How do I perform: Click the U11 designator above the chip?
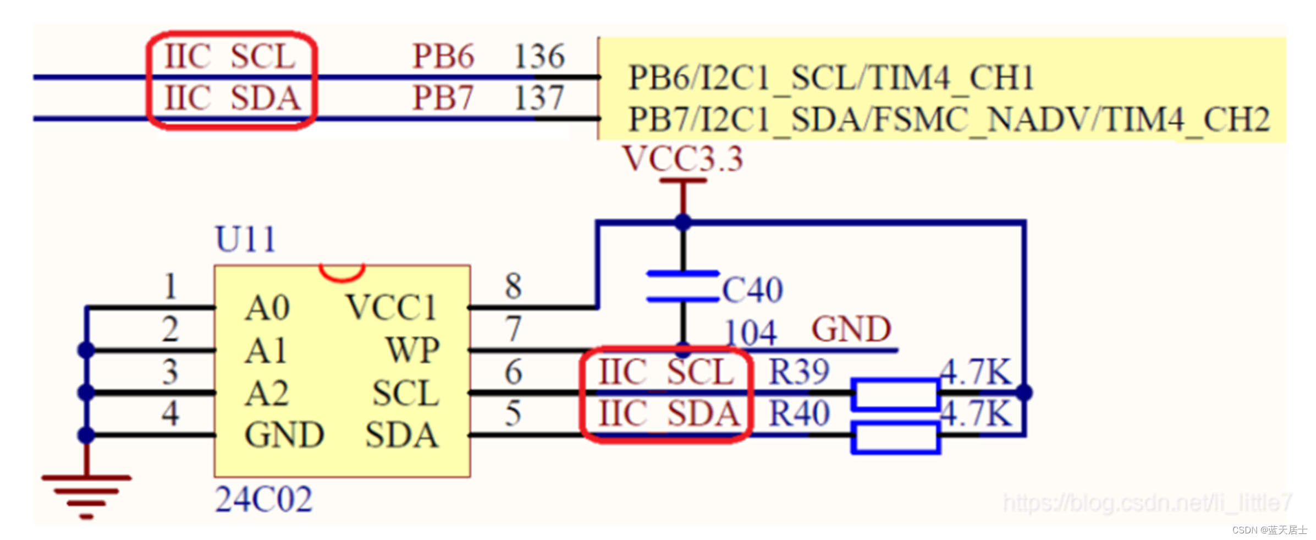point(245,239)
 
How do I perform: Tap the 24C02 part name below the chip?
point(263,500)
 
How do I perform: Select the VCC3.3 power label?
point(683,159)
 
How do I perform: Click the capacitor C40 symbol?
point(682,287)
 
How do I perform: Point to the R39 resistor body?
point(895,393)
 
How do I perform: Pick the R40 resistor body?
point(895,437)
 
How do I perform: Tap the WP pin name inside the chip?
point(413,350)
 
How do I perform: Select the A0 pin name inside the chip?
point(267,308)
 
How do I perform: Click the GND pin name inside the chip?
point(284,435)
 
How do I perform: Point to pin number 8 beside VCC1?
point(513,286)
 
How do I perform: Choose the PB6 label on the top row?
point(443,56)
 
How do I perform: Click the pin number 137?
point(539,98)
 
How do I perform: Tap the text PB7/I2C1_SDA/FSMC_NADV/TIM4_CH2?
point(949,119)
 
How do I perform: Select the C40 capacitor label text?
point(752,290)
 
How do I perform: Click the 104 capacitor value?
point(750,332)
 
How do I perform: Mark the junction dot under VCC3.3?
point(683,222)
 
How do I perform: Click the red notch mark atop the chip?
point(342,272)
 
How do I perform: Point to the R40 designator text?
point(799,414)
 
